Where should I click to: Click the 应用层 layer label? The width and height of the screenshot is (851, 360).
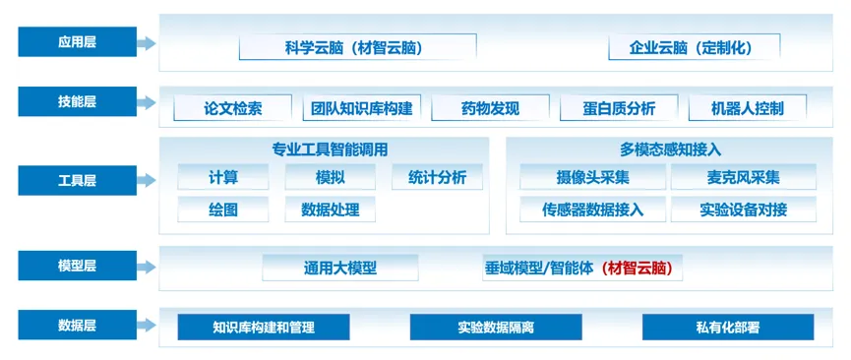point(77,42)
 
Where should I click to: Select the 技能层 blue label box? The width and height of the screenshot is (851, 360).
point(77,101)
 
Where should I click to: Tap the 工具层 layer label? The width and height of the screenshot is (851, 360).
point(77,180)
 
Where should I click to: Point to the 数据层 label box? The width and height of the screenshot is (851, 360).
point(77,325)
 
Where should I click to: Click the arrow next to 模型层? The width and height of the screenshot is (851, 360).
point(147,266)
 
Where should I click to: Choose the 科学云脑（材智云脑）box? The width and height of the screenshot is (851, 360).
point(358,47)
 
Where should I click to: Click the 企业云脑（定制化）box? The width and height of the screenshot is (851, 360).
point(695,47)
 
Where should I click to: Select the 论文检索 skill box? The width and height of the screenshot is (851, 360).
point(233,108)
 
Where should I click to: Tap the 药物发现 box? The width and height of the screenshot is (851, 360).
point(491,108)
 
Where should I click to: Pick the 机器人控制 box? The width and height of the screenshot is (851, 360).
point(748,108)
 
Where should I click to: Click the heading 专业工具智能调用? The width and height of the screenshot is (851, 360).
point(330,150)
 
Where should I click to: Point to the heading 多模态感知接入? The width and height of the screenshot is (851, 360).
point(670,150)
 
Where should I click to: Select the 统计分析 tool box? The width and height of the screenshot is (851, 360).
point(437,177)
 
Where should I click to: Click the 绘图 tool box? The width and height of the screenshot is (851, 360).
point(223,210)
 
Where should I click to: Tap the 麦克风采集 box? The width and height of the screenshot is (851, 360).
point(744,177)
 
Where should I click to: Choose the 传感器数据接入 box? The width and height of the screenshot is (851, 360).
point(592,210)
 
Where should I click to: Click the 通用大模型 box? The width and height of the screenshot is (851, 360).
point(340,268)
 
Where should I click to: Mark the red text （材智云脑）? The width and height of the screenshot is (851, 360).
point(638,268)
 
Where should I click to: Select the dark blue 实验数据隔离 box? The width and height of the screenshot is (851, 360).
point(496,327)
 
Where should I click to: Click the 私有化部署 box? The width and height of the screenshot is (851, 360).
point(728,327)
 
